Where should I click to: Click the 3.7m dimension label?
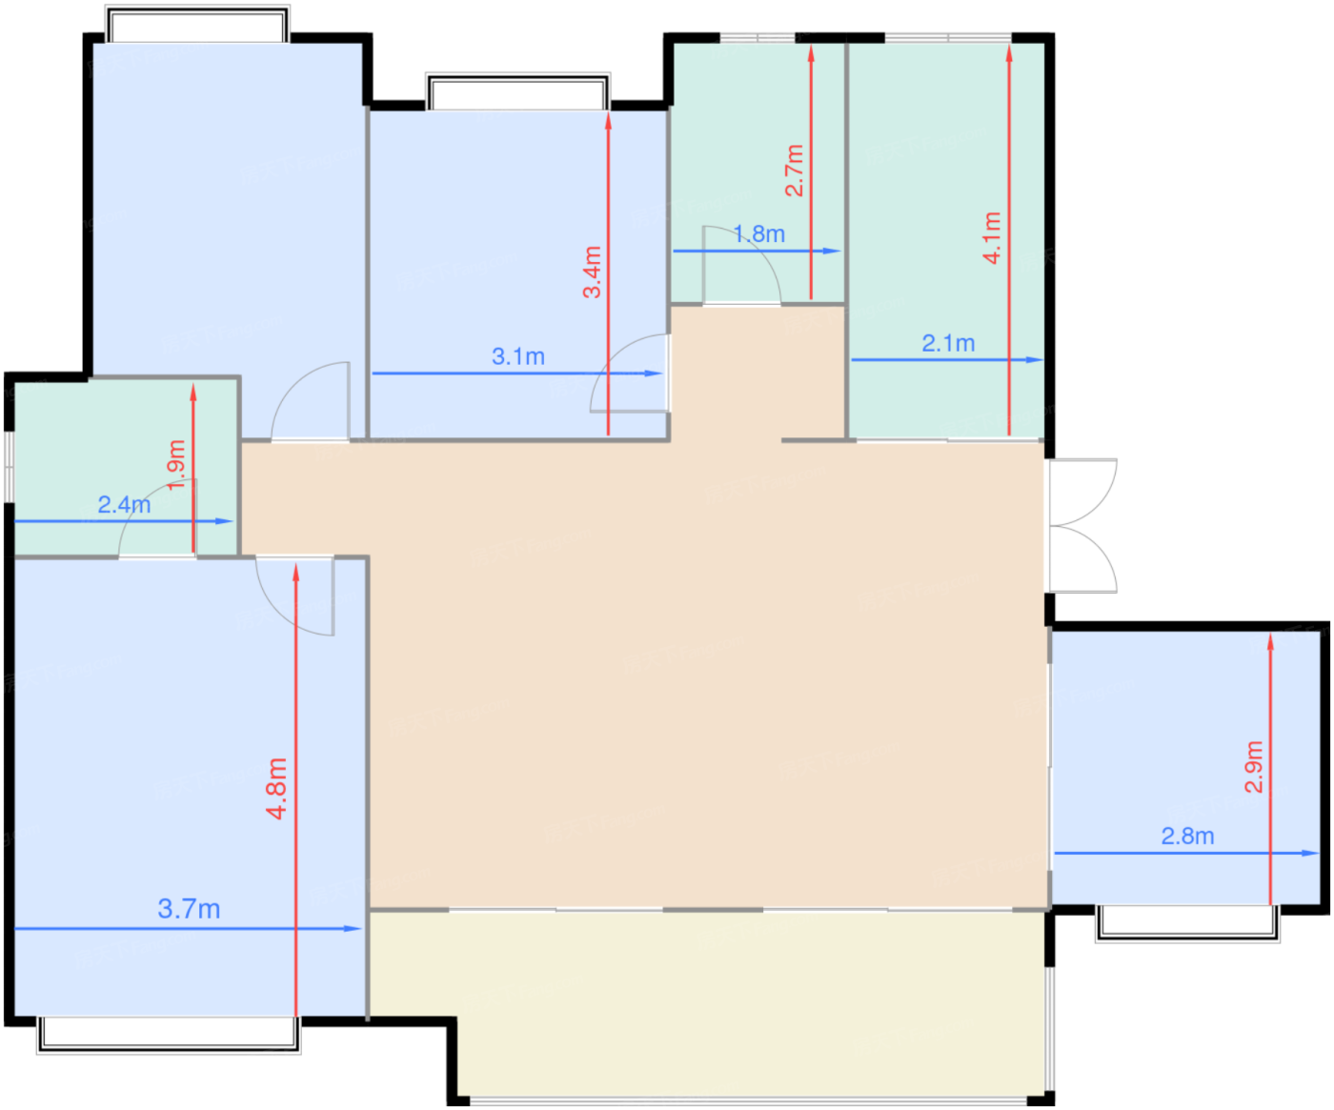(189, 909)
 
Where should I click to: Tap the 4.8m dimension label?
(276, 788)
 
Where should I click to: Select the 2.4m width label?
(124, 504)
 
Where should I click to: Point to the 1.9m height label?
(176, 464)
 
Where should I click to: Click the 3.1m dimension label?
(517, 356)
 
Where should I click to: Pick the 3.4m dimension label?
(592, 272)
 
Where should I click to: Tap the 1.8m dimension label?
(759, 233)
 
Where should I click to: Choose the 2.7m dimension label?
(794, 171)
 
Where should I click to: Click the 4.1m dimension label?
(992, 237)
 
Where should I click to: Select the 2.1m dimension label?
(948, 343)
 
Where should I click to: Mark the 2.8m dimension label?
(1187, 836)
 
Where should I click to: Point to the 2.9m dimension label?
(1253, 766)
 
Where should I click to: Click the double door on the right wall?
(1082, 526)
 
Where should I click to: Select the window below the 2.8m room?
(1187, 922)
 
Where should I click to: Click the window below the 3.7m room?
(169, 1034)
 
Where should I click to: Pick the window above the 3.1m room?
(517, 92)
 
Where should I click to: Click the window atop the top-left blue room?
(196, 26)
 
